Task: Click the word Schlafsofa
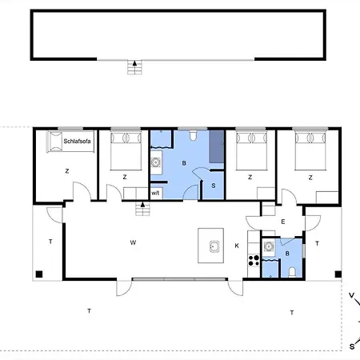pos(77,141)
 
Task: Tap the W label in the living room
pos(133,242)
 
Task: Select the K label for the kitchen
pos(237,246)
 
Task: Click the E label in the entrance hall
pos(283,222)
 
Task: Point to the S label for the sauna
pos(214,186)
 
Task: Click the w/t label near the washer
pos(155,193)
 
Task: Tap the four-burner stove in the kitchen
pos(254,261)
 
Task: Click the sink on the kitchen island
pos(214,246)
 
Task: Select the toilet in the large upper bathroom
pos(193,135)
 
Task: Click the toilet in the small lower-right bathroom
pos(292,273)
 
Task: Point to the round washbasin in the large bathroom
pos(155,162)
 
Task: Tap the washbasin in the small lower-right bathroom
pos(268,246)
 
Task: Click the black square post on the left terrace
pos(39,274)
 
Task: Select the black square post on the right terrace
pos(338,274)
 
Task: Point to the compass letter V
pos(352,295)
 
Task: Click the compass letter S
pos(352,346)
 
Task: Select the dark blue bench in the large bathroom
pos(216,146)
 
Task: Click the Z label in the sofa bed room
pos(67,171)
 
